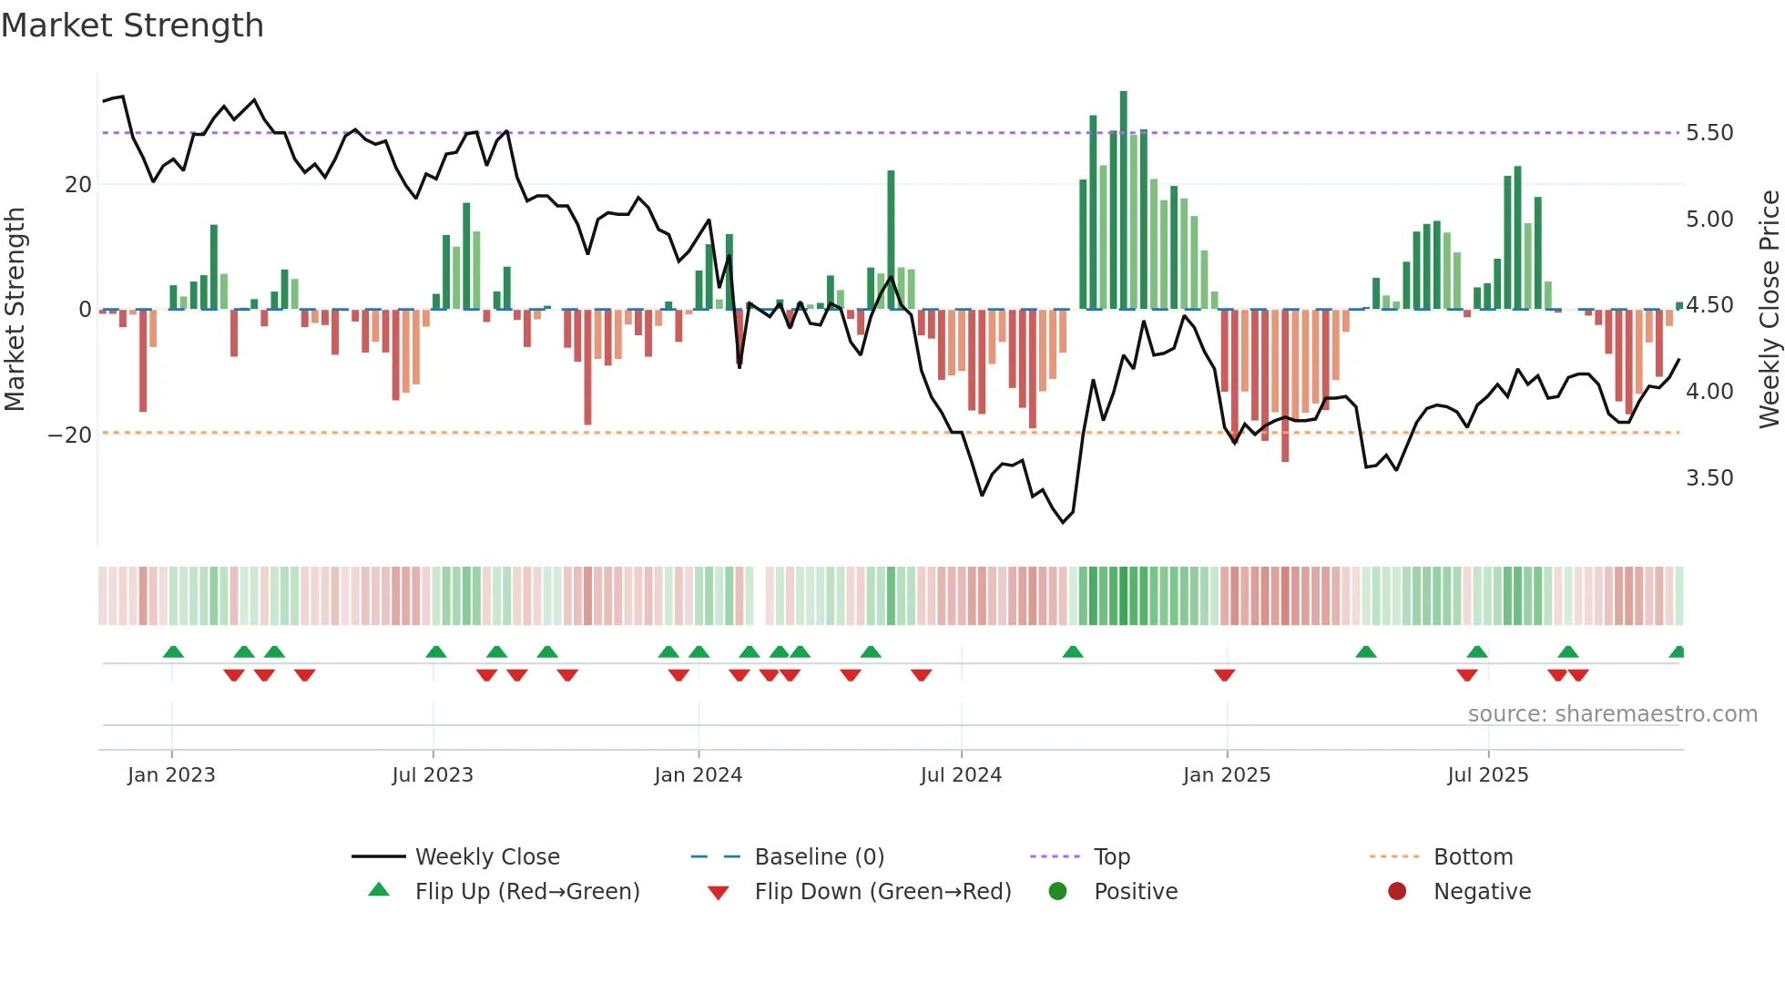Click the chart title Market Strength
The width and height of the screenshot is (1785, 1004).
pyautogui.click(x=132, y=26)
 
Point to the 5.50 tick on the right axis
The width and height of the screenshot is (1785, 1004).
pyautogui.click(x=1709, y=133)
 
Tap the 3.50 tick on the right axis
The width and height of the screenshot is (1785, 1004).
pyautogui.click(x=1709, y=478)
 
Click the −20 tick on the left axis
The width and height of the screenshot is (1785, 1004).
pyautogui.click(x=70, y=435)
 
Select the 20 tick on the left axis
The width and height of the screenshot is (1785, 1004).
pyautogui.click(x=78, y=185)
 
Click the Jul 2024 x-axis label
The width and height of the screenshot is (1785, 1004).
pyautogui.click(x=961, y=775)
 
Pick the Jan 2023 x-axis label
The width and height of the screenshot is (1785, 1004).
pyautogui.click(x=171, y=775)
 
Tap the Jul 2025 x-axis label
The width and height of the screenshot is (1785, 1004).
pyautogui.click(x=1488, y=775)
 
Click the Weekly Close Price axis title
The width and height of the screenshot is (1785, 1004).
pyautogui.click(x=1769, y=310)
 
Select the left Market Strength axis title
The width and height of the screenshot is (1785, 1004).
pyautogui.click(x=15, y=310)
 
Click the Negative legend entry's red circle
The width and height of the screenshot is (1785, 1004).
pyautogui.click(x=1397, y=892)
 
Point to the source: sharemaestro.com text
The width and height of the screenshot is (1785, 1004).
pyautogui.click(x=1612, y=714)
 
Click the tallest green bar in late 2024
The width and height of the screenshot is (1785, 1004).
pyautogui.click(x=1124, y=200)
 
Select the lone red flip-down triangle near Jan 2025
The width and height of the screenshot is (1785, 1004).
pyautogui.click(x=1224, y=675)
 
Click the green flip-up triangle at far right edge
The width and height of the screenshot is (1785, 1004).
pyautogui.click(x=1678, y=652)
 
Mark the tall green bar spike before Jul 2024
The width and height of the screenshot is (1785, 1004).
pyautogui.click(x=891, y=239)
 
